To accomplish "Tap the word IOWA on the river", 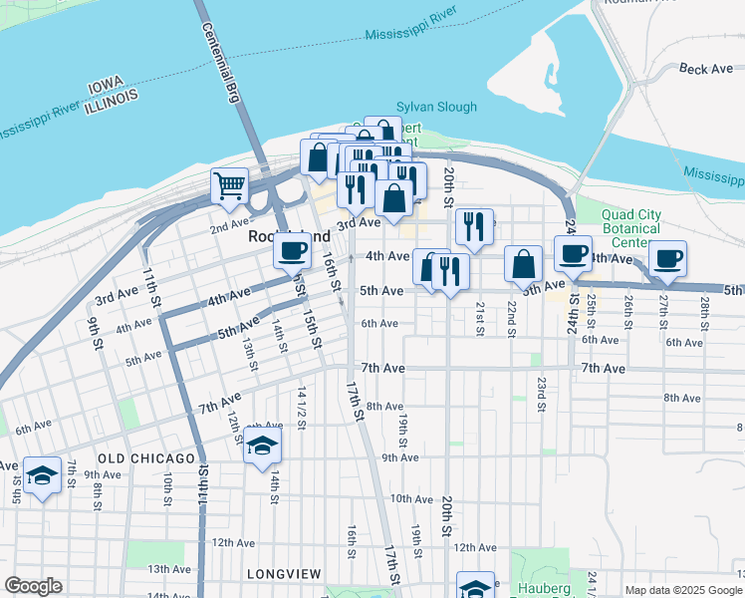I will pyautogui.click(x=104, y=87).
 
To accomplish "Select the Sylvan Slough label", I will pyautogui.click(x=436, y=107).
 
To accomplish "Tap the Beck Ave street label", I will pyautogui.click(x=705, y=69).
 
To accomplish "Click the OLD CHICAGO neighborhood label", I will pyautogui.click(x=146, y=458).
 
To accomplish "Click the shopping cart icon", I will pyautogui.click(x=229, y=185).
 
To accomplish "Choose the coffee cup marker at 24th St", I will pyautogui.click(x=572, y=253).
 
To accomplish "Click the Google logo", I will pyautogui.click(x=33, y=586).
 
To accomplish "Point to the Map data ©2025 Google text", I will pyautogui.click(x=682, y=590).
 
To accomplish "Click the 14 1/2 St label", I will pyautogui.click(x=301, y=408).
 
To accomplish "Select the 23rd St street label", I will pyautogui.click(x=541, y=394).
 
